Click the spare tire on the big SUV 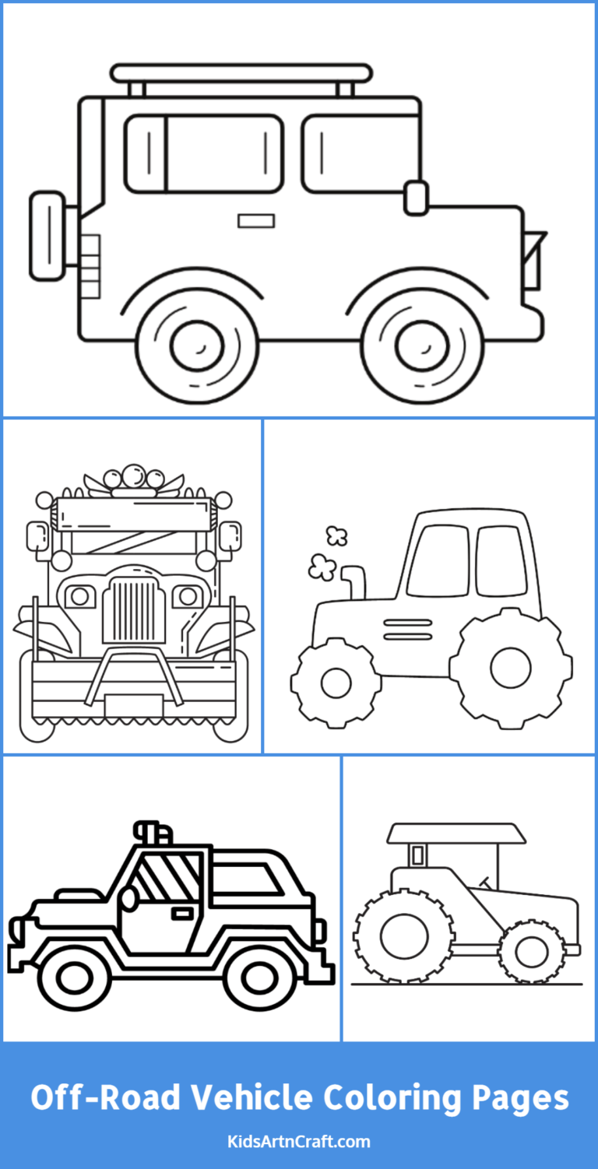coord(47,234)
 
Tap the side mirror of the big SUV coord(416,197)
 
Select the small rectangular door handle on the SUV coord(255,221)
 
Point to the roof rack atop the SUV coord(241,74)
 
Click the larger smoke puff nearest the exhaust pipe coord(320,567)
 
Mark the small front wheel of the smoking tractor coord(336,683)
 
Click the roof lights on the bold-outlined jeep coord(153,833)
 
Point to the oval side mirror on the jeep coord(129,898)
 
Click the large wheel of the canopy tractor coord(403,937)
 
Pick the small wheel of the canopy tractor coord(532,951)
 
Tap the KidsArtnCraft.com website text coord(299,1142)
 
